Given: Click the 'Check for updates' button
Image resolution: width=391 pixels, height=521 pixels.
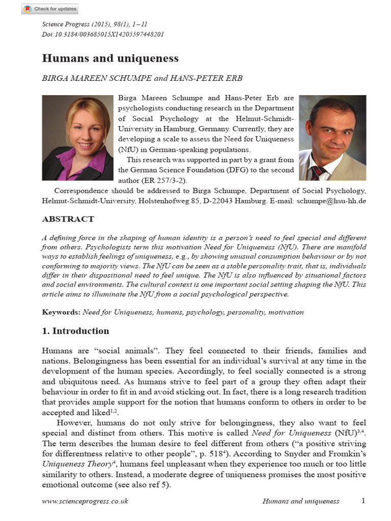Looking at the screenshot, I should point(49,9).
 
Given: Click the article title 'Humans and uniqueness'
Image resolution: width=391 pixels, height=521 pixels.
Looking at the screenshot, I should point(110,58).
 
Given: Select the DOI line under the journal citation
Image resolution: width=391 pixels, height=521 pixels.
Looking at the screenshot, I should point(102,34).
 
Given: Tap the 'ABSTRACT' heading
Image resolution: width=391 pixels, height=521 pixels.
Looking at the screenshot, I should point(68,219).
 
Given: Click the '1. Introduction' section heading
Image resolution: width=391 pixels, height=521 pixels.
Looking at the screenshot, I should point(75,331).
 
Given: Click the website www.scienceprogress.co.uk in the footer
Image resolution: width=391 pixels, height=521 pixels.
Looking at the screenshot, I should point(85,501).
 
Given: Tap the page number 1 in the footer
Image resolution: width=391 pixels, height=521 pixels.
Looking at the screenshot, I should point(363,501).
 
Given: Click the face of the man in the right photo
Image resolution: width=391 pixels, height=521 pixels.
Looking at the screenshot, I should point(331,131).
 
